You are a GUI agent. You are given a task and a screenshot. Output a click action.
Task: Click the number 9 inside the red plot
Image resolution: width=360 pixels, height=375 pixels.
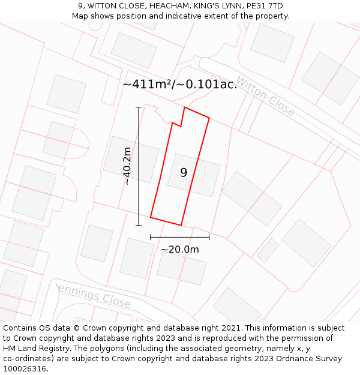point(184,173)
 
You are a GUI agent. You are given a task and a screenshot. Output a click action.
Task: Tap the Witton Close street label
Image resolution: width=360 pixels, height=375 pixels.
point(265,96)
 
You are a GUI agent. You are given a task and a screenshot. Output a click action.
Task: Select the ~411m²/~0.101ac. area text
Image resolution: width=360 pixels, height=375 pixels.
point(180,84)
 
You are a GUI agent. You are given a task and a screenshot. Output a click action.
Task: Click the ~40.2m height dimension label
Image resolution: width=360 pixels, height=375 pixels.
point(127,166)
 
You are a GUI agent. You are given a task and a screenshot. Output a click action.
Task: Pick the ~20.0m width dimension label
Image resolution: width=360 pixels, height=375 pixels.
point(180,250)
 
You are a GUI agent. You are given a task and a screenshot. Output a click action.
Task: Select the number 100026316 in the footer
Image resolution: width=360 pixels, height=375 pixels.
point(25,369)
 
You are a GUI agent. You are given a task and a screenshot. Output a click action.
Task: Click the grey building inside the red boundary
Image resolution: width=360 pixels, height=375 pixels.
point(194,175)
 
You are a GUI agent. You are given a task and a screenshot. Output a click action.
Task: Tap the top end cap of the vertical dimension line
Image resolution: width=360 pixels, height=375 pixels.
point(139,107)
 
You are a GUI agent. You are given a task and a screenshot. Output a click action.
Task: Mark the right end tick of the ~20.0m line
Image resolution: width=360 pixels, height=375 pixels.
point(209,237)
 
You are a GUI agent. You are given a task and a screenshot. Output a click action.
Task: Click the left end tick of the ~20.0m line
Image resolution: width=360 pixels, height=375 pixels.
point(151,237)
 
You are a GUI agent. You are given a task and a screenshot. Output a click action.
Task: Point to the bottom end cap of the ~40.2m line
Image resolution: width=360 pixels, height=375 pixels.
point(139,226)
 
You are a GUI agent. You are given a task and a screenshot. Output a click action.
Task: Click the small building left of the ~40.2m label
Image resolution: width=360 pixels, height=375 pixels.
point(131,159)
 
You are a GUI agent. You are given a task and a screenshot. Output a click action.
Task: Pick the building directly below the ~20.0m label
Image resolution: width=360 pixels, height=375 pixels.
point(181,268)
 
